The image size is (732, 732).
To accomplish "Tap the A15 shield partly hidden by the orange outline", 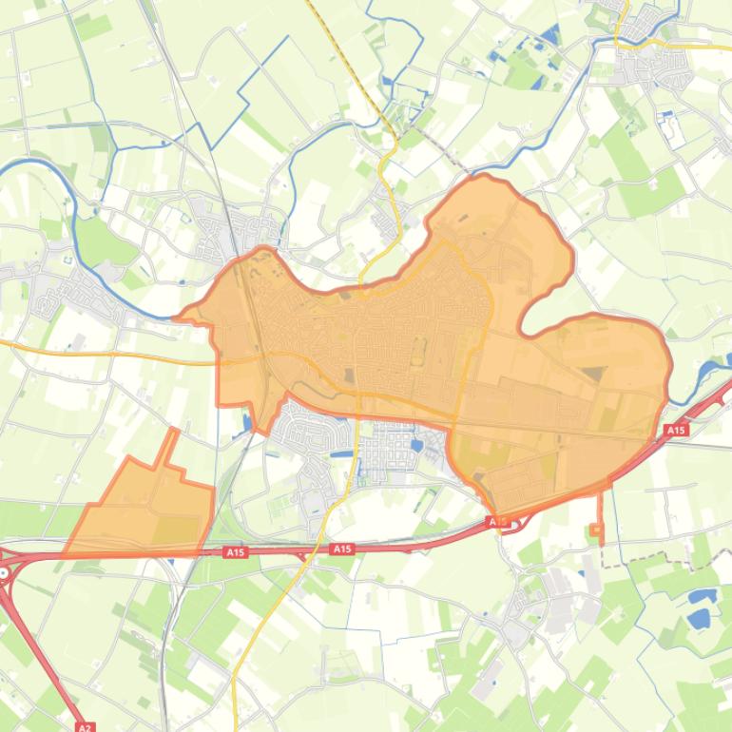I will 495,522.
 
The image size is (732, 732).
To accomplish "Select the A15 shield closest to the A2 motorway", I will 235,551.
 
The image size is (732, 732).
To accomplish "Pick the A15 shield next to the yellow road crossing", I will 342,549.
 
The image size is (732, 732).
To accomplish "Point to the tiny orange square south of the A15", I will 596,530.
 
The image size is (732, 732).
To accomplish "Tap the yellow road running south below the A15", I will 249,646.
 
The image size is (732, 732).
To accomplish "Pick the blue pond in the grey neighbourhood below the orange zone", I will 416,442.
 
